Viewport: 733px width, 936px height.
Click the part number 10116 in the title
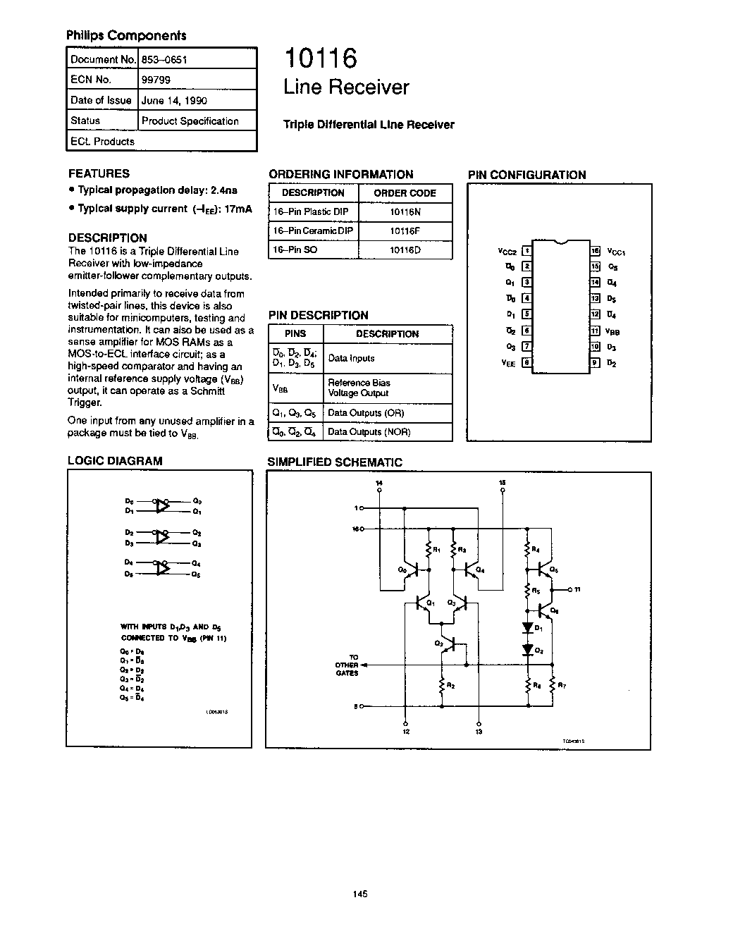point(321,58)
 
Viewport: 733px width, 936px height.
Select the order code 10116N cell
point(405,211)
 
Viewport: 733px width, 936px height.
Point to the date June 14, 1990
point(174,100)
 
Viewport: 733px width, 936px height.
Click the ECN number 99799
point(156,80)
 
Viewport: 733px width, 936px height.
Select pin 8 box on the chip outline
point(526,362)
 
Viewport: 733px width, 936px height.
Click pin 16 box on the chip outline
point(596,250)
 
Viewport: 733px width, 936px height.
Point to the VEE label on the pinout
point(507,362)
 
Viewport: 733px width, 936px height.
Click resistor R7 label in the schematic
point(561,684)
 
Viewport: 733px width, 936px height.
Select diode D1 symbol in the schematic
point(527,627)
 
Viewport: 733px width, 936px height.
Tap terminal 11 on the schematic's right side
point(576,589)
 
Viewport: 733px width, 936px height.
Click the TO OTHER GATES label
point(347,665)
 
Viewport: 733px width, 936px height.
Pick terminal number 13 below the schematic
point(479,732)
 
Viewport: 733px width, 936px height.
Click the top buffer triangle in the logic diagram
point(163,506)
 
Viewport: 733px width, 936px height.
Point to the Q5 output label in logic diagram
point(197,574)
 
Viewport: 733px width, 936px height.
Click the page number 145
point(359,894)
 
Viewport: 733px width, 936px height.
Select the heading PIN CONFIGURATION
point(526,175)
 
